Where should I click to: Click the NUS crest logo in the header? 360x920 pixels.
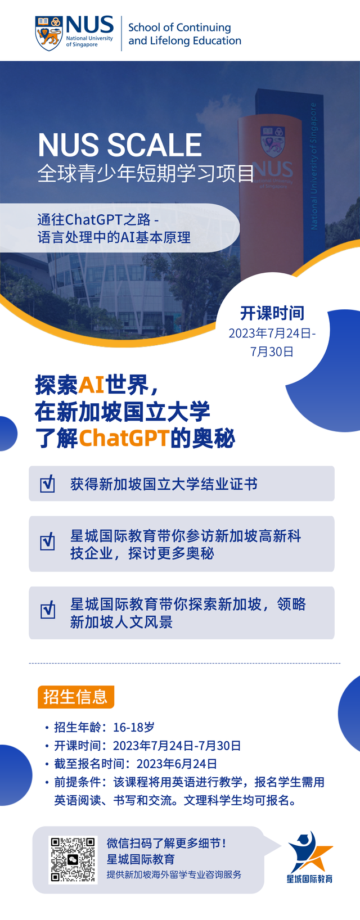tap(48, 33)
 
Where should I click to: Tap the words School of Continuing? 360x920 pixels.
tap(179, 27)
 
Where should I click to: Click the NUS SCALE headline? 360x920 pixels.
tap(120, 145)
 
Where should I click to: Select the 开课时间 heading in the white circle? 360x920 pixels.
tap(272, 313)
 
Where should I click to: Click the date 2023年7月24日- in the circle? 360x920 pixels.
tap(272, 333)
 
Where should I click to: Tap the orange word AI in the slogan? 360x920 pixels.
tap(92, 385)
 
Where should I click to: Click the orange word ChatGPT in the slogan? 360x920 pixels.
tap(124, 439)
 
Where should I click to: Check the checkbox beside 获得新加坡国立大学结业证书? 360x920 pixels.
tap(48, 484)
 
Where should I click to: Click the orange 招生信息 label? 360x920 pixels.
tap(75, 697)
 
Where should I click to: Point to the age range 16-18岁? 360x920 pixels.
tap(134, 727)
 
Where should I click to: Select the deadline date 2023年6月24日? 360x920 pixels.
tap(177, 764)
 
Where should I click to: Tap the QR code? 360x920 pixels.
tap(73, 860)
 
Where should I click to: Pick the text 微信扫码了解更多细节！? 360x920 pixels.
tap(166, 843)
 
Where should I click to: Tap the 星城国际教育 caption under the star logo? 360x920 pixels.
tap(309, 879)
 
